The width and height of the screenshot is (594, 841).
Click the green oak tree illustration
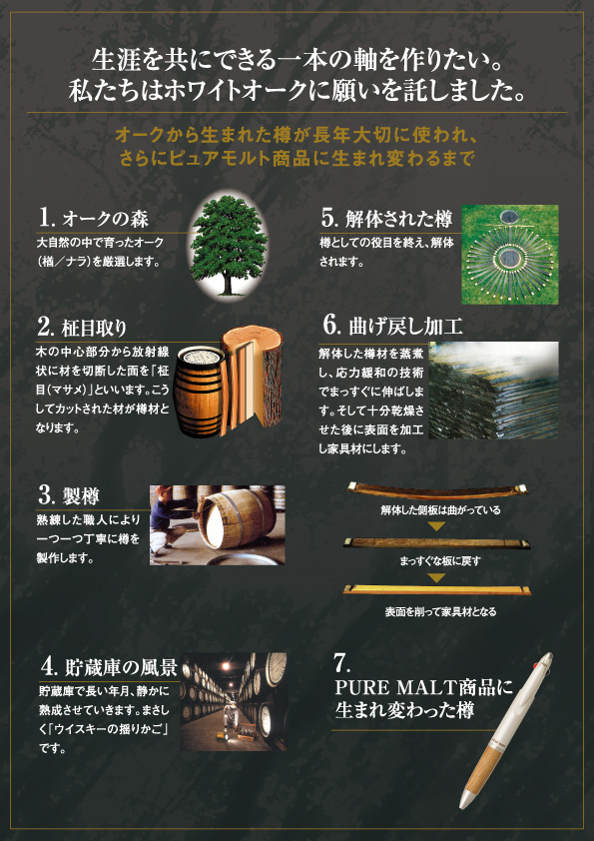tap(229, 244)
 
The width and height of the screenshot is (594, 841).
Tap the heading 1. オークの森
tap(93, 219)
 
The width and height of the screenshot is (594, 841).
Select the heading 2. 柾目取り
tap(82, 328)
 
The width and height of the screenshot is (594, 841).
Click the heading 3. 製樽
tap(68, 495)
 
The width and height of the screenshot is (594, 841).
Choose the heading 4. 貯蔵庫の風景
tap(109, 666)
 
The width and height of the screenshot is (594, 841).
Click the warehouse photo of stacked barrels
tap(234, 701)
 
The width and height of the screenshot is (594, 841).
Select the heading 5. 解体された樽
tap(386, 219)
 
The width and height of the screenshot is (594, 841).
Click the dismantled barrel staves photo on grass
tap(510, 255)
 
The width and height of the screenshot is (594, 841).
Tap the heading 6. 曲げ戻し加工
tap(392, 326)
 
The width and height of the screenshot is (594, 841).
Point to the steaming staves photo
tap(493, 390)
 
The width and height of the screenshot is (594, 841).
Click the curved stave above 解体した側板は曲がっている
tap(437, 490)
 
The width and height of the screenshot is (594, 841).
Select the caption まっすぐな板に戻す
tap(440, 561)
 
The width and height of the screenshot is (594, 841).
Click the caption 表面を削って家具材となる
tap(440, 611)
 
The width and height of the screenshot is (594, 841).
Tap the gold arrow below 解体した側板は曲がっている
tap(437, 526)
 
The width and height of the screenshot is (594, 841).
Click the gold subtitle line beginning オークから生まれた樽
tap(297, 135)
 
